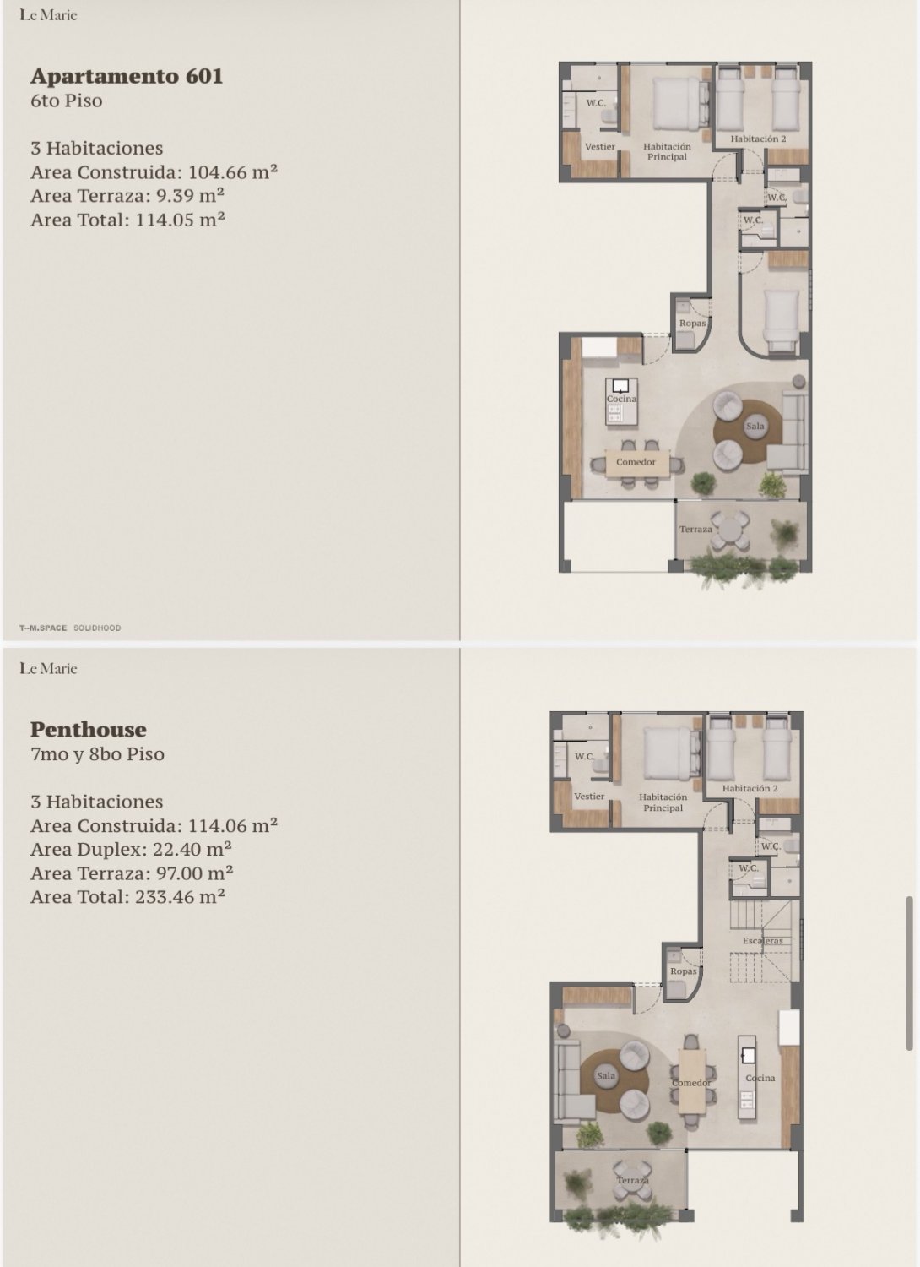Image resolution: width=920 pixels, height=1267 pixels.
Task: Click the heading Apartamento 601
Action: pyautogui.click(x=127, y=76)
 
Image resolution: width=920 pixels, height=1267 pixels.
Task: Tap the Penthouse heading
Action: pyautogui.click(x=88, y=729)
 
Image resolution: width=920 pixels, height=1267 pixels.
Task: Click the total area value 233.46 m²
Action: pyautogui.click(x=181, y=896)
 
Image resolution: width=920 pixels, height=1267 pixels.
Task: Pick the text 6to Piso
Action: pyautogui.click(x=67, y=101)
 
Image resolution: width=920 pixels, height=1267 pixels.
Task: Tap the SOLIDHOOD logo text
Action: pyautogui.click(x=97, y=628)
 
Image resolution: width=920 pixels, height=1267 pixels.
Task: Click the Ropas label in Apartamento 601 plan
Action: pyautogui.click(x=692, y=323)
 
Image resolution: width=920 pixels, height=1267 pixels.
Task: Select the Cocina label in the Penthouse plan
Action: pyautogui.click(x=760, y=1078)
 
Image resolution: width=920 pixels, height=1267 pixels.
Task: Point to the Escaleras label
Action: pyautogui.click(x=763, y=941)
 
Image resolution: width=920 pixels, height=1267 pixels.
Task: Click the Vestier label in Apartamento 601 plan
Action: pyautogui.click(x=599, y=146)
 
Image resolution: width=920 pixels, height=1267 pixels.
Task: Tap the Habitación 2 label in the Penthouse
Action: pyautogui.click(x=750, y=788)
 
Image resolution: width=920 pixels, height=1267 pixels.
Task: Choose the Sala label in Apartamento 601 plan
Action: pyautogui.click(x=755, y=426)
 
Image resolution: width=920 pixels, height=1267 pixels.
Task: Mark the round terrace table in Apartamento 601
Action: pyautogui.click(x=730, y=530)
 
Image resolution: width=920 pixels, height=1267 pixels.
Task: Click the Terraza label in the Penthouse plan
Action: pyautogui.click(x=632, y=1180)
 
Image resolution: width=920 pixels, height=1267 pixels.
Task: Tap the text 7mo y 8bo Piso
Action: pyautogui.click(x=97, y=754)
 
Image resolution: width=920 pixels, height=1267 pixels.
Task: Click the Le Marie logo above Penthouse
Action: pyautogui.click(x=48, y=668)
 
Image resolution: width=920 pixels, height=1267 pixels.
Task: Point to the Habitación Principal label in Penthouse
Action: pyautogui.click(x=663, y=802)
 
